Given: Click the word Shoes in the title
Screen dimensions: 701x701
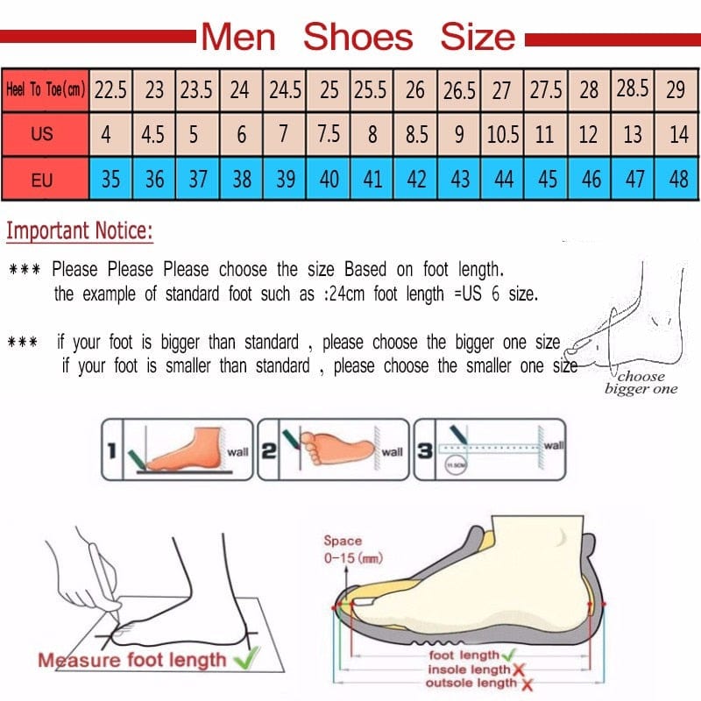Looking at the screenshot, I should pyautogui.click(x=358, y=37).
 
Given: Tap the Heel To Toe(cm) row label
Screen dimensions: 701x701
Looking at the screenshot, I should pyautogui.click(x=46, y=89).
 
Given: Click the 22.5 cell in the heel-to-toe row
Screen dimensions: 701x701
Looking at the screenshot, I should pyautogui.click(x=110, y=89).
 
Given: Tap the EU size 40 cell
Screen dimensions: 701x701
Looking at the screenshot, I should pyautogui.click(x=329, y=180).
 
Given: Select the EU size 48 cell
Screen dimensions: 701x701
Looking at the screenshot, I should pyautogui.click(x=677, y=180).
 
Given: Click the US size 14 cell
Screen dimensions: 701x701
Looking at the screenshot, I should pyautogui.click(x=677, y=136).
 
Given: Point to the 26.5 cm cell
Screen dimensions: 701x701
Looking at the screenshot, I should pyautogui.click(x=459, y=89).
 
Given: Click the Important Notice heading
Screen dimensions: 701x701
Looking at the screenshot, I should pyautogui.click(x=80, y=232).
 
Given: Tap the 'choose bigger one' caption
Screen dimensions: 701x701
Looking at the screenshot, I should pyautogui.click(x=641, y=383).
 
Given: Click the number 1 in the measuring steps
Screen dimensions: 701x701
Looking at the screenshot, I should pyautogui.click(x=111, y=451).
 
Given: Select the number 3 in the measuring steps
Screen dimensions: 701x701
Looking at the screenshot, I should pyautogui.click(x=424, y=451).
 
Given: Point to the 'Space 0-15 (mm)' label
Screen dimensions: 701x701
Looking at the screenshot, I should pyautogui.click(x=352, y=549).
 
